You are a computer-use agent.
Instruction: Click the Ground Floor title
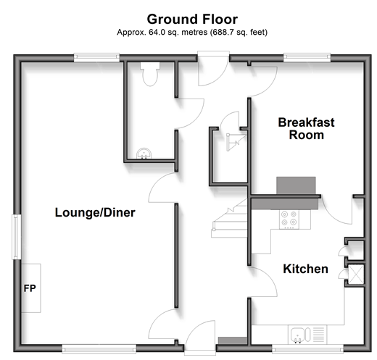pos(192,19)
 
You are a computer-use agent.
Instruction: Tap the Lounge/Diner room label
pos(95,213)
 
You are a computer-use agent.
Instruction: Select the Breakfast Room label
pos(306,128)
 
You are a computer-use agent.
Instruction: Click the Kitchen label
pos(305,269)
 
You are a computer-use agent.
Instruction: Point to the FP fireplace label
pos(30,288)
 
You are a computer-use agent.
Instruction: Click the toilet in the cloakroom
pos(150,74)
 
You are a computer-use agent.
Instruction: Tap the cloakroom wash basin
pos(144,154)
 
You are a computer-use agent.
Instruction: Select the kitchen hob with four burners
pos(289,219)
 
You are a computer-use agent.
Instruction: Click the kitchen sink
pos(301,335)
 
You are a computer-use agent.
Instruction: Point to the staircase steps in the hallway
pos(230,219)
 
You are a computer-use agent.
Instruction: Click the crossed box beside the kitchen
pos(355,274)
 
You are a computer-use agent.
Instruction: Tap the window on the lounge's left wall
pos(17,237)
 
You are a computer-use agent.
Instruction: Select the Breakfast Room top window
pos(307,57)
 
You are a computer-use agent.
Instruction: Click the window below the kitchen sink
pos(307,348)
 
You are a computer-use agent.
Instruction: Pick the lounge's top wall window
pos(96,57)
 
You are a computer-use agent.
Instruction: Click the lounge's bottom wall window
pos(99,349)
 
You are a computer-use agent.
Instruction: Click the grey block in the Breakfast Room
pos(296,185)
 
